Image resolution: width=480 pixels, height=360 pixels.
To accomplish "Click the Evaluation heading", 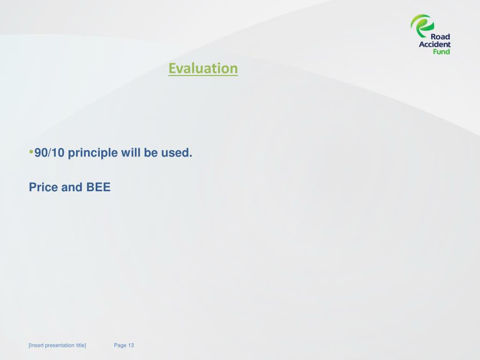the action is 203,68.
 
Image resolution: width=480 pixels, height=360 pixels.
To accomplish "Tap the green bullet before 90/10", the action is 31,151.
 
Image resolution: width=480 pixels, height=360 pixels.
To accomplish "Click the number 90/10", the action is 49,152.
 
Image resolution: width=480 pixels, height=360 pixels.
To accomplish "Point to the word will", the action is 131,152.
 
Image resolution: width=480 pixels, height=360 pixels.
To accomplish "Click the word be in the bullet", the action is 150,152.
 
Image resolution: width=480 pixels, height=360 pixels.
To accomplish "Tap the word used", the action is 175,152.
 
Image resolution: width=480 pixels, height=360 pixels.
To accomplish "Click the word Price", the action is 43,187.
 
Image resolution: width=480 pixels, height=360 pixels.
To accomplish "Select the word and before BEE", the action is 72,187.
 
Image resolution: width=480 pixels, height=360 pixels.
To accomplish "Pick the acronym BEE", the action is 98,187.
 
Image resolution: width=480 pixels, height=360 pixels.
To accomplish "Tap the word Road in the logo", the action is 440,37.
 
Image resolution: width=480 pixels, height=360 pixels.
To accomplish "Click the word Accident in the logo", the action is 435,45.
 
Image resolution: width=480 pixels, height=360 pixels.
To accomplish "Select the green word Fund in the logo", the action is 442,52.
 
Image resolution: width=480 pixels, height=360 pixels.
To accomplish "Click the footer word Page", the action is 120,345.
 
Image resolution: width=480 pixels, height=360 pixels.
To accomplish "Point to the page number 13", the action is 131,345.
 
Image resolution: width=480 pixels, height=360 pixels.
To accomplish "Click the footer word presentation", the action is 60,345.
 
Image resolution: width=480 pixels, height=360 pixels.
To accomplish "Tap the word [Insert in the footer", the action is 36,345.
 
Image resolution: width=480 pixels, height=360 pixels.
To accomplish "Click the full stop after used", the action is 191,156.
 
